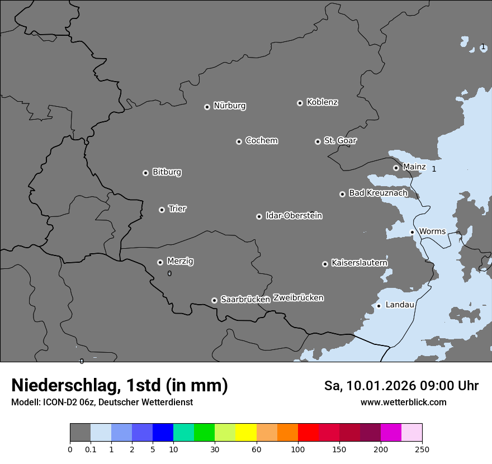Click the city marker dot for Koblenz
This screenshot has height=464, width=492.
click(300, 103)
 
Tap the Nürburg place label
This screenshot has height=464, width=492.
click(230, 106)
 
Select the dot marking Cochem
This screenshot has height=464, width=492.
click(239, 141)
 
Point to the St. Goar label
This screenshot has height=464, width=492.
click(340, 140)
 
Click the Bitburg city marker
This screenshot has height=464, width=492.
click(145, 173)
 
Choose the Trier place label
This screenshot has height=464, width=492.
click(177, 209)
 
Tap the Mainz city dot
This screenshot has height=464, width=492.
click(396, 168)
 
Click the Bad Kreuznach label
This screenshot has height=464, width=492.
click(378, 193)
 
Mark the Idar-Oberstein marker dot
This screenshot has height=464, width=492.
click(259, 216)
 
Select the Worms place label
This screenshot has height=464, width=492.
click(432, 231)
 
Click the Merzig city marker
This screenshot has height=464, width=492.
click(160, 262)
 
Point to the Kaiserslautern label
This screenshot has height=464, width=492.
click(359, 263)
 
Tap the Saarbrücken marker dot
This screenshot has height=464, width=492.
click(214, 300)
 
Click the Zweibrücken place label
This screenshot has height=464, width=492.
click(298, 298)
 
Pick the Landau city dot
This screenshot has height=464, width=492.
click(379, 306)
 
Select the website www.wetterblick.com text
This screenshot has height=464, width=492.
click(403, 403)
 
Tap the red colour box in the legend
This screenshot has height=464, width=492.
click(308, 433)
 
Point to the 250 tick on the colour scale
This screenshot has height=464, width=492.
click(422, 449)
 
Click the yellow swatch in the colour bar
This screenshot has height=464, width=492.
click(246, 433)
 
